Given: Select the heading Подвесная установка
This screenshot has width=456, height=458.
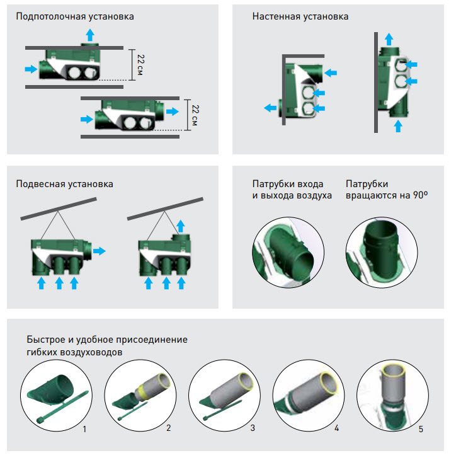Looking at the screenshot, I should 65,184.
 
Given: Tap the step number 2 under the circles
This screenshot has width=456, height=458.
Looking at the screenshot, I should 169,428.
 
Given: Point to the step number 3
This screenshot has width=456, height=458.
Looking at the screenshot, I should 253,428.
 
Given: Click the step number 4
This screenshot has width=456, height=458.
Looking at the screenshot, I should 337,428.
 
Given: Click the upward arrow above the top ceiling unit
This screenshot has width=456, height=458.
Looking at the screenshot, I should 90,34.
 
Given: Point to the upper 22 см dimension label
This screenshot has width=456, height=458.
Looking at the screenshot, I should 141,64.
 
